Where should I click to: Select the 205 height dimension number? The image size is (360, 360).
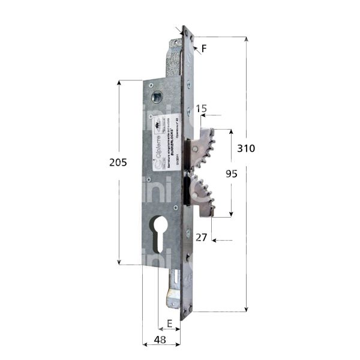[119, 162]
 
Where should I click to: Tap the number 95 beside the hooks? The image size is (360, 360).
[231, 173]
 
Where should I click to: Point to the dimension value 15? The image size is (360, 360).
[202, 109]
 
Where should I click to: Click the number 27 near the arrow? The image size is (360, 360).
[202, 238]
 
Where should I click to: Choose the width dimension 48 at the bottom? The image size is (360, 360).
[160, 339]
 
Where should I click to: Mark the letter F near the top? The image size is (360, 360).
[204, 50]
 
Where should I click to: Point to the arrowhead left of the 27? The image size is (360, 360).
[214, 241]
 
